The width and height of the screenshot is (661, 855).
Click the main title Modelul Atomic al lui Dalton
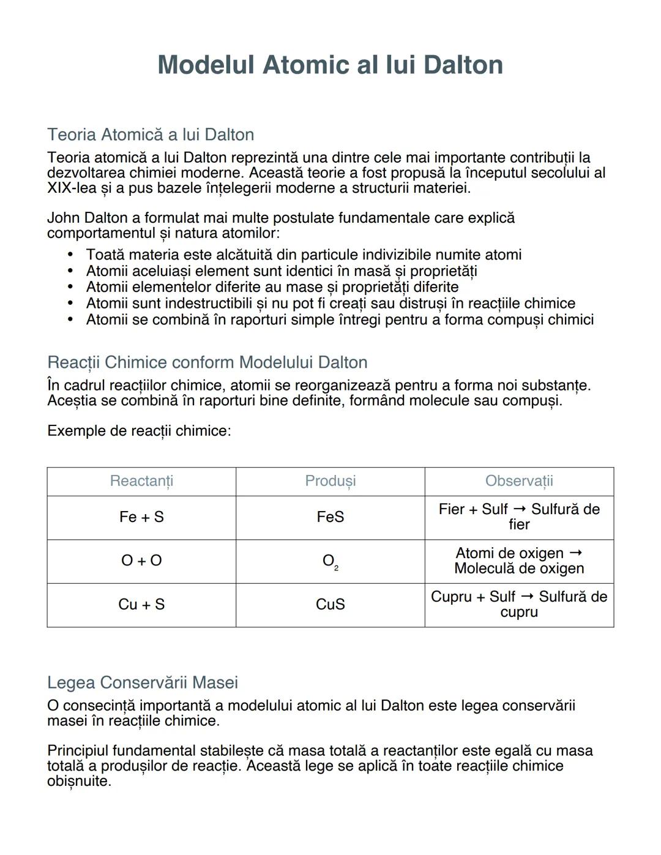pos(330,65)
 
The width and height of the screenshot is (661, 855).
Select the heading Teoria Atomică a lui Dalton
pos(151,135)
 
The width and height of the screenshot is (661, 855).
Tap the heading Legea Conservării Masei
pos(143,682)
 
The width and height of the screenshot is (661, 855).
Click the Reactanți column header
pos(141,481)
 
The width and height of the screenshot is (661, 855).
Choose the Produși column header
pos(330,481)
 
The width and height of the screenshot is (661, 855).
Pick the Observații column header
pos(519,481)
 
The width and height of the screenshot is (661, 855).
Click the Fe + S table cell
pos(141,517)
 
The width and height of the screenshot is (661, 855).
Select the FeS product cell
pos(330,517)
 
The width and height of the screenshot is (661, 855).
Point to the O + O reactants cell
pos(141,561)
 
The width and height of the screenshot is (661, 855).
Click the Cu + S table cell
pos(141,605)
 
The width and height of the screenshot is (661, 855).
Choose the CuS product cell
pos(330,605)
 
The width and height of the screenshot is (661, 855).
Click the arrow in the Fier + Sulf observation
pos(519,509)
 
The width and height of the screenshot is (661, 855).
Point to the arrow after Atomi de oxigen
pos(575,553)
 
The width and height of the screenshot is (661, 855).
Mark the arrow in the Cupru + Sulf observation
pos(527,596)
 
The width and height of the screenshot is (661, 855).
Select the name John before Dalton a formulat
pos(64,218)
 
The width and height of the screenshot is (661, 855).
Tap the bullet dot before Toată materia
pos(70,255)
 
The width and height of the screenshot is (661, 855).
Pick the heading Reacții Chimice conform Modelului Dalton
pos(207,362)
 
